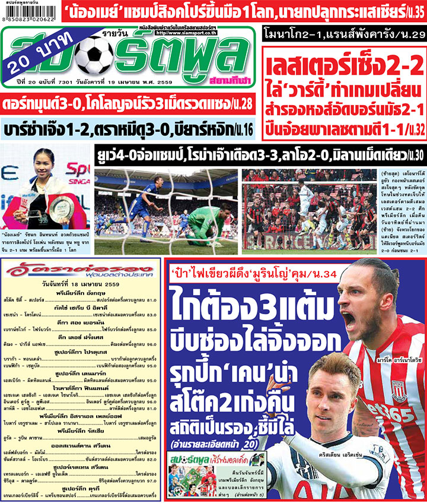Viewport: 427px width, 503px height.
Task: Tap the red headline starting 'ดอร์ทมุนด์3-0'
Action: (128, 104)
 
